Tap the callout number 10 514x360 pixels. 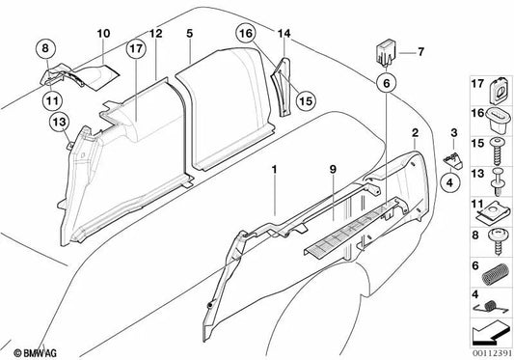[x=102, y=37]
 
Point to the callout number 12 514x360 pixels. [x=155, y=36]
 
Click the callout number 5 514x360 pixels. [x=190, y=35]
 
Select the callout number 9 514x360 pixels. [x=334, y=172]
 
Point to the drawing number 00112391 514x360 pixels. [x=489, y=352]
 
